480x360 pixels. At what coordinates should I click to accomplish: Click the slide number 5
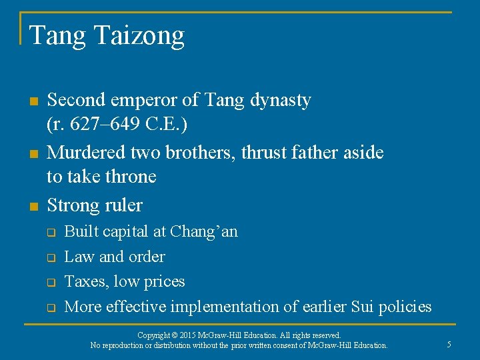click(449, 345)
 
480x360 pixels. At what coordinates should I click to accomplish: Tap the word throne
click(132, 177)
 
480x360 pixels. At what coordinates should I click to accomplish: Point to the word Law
click(79, 257)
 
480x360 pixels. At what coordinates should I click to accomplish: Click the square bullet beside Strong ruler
click(33, 206)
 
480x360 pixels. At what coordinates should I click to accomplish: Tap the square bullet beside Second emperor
click(33, 101)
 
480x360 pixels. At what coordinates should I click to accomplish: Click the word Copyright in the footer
click(155, 335)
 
